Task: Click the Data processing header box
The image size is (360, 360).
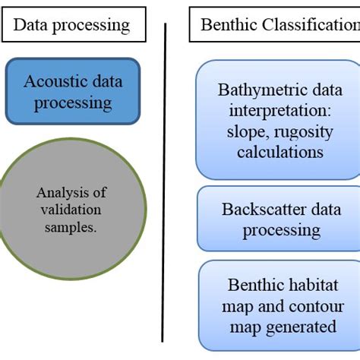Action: click(x=71, y=25)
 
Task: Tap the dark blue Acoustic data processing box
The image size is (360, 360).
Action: click(x=73, y=91)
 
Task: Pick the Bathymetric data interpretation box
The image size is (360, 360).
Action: click(x=277, y=120)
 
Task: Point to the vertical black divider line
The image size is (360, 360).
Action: click(x=165, y=182)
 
